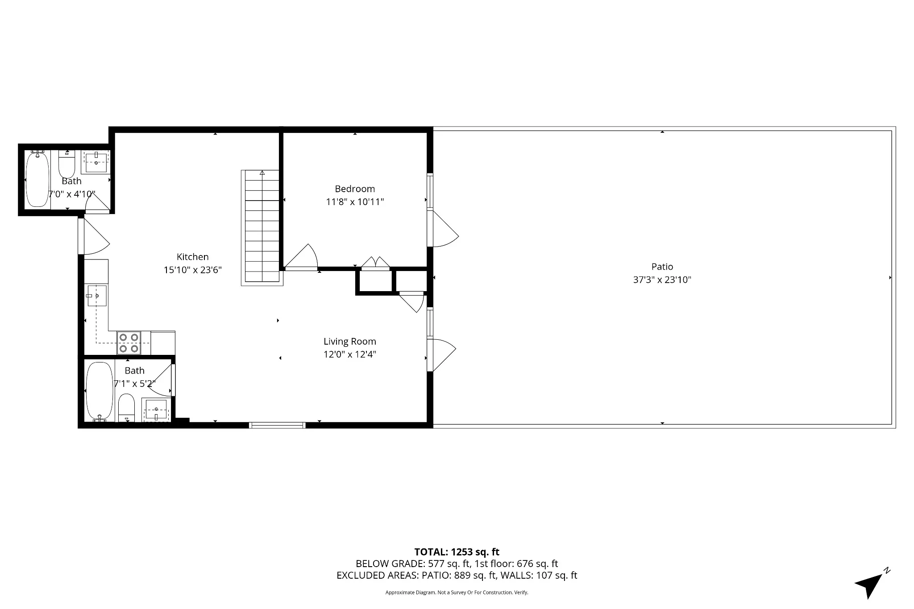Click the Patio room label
662,267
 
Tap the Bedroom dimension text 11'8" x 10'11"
355,202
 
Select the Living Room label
349,342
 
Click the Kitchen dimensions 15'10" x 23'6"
192,270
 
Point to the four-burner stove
129,342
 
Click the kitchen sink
96,296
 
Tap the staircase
262,227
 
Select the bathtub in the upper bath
37,179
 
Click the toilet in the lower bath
127,407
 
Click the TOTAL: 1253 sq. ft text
457,552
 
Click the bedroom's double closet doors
375,263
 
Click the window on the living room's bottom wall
277,425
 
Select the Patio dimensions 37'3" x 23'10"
662,280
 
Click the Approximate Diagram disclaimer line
457,593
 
